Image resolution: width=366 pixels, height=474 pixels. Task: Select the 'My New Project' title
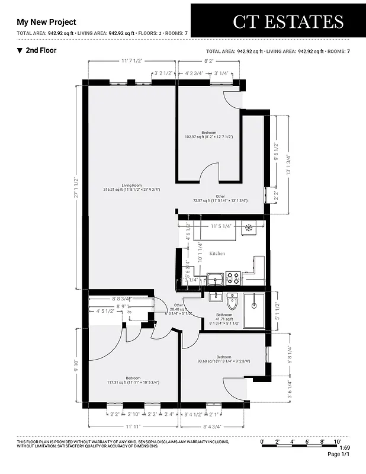coord(46,22)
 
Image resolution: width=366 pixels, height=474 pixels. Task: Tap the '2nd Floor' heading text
coord(41,50)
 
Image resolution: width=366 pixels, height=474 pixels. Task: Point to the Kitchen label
coord(217,253)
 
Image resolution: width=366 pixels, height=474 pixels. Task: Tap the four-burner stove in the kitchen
coord(233,277)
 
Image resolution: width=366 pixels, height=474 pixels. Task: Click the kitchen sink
coord(214,278)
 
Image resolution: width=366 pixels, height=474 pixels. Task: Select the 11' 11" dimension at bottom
coord(133,425)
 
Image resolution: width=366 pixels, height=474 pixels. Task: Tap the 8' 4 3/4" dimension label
coord(211,425)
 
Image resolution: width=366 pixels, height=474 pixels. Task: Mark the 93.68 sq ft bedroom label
coord(223,360)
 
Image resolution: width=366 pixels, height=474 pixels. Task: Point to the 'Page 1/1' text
coord(339,455)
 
